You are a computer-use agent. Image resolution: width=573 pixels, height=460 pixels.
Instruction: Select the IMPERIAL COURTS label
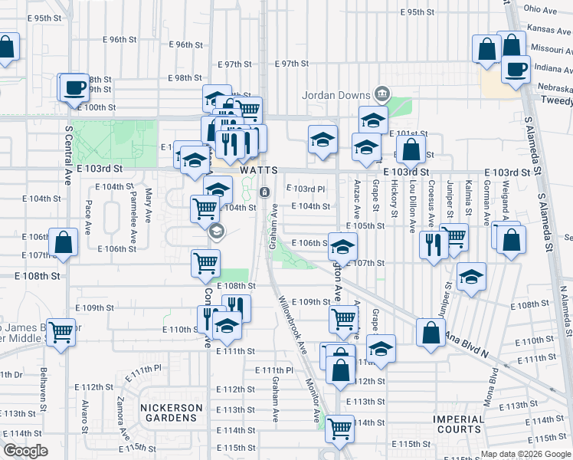pyautogui.click(x=459, y=425)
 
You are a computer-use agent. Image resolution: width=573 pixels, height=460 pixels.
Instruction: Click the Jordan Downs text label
pyautogui.click(x=335, y=96)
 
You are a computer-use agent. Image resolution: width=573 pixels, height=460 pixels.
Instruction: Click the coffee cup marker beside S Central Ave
pyautogui.click(x=74, y=87)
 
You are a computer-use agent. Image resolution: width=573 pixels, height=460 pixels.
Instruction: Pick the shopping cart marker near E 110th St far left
pyautogui.click(x=61, y=333)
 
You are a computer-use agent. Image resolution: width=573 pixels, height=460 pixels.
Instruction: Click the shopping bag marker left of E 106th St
pyautogui.click(x=64, y=242)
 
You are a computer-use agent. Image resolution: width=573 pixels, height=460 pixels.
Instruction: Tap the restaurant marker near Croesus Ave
pyautogui.click(x=434, y=245)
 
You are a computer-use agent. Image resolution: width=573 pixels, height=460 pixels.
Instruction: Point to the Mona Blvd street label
pyautogui.click(x=490, y=388)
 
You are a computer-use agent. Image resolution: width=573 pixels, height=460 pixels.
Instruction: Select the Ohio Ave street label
pyautogui.click(x=540, y=10)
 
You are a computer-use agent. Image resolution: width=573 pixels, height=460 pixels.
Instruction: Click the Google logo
pyautogui.click(x=25, y=451)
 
